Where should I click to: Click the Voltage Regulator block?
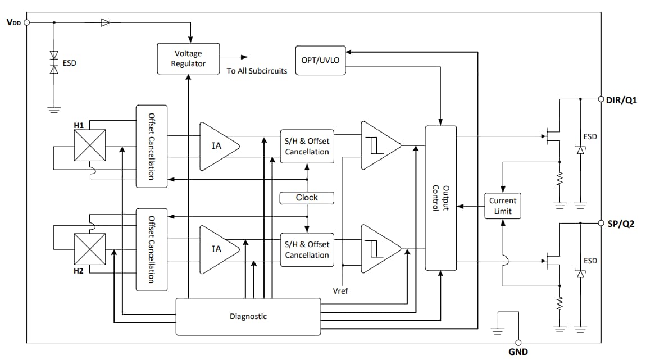(x=188, y=58)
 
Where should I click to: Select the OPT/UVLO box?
(x=320, y=60)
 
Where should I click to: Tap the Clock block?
(x=307, y=198)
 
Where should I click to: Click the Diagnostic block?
(x=248, y=316)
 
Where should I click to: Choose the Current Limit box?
(x=503, y=206)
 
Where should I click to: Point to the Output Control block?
(x=440, y=198)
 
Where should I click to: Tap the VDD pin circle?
(x=26, y=22)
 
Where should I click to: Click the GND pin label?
(x=517, y=352)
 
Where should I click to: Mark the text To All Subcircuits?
(x=257, y=71)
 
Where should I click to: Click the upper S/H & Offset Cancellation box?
(x=307, y=147)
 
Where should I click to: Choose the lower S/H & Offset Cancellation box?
(x=307, y=249)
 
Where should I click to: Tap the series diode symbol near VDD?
(x=106, y=22)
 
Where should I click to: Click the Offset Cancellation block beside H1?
(x=151, y=146)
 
